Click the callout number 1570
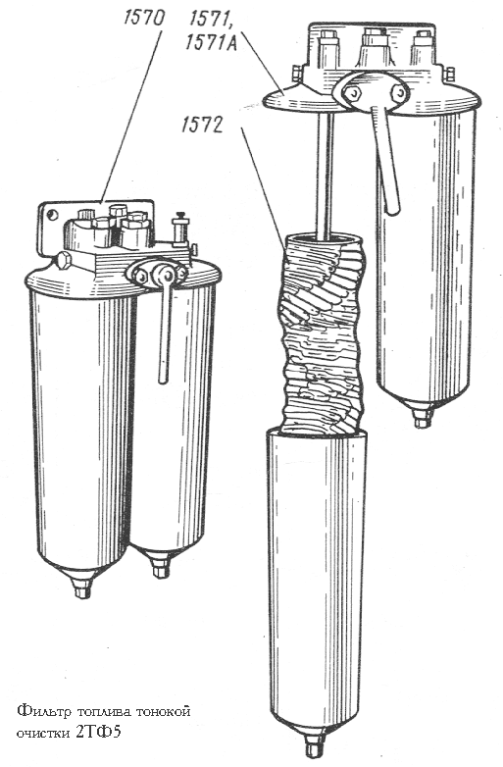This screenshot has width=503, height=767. coord(144,18)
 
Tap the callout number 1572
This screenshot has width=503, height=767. coord(201,126)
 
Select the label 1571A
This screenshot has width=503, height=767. coord(211,44)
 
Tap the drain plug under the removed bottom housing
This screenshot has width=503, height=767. coord(313,745)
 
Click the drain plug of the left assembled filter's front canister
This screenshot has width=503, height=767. coord(82,588)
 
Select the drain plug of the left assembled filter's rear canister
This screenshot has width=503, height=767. coord(160,568)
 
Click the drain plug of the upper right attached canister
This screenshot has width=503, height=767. coord(422,417)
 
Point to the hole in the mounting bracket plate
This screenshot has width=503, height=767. coord(50,214)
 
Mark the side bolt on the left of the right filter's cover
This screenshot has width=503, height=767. coord(296,74)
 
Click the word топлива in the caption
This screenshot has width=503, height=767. coord(100,711)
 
